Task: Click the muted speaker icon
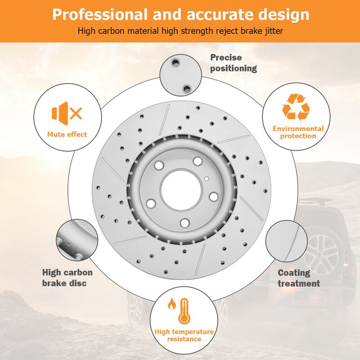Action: click(x=67, y=113)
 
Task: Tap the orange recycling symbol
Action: click(x=296, y=107)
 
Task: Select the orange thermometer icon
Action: click(x=184, y=311)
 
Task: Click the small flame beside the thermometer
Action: click(x=172, y=304)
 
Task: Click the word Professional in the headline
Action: click(x=100, y=15)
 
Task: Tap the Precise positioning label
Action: click(x=234, y=63)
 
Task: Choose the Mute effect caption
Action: click(x=67, y=134)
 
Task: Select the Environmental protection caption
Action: click(x=298, y=132)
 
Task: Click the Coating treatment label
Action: click(x=298, y=278)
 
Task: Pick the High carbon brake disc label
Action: click(x=67, y=278)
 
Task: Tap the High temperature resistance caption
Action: click(x=184, y=335)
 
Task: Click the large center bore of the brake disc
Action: click(x=181, y=190)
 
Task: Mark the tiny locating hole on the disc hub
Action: click(x=207, y=178)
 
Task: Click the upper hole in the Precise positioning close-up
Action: click(x=175, y=62)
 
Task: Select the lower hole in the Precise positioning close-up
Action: click(x=186, y=88)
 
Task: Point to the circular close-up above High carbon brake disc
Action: click(x=77, y=240)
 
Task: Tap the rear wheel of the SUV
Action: click(x=321, y=254)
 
